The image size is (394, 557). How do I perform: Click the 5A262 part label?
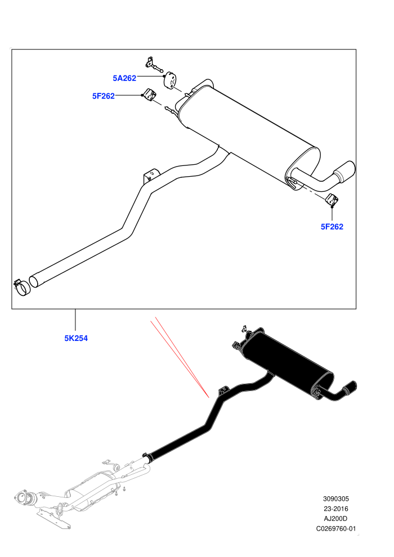pyautogui.click(x=124, y=78)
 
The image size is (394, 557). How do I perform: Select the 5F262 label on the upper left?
pyautogui.click(x=104, y=96)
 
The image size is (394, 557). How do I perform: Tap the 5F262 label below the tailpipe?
pyautogui.click(x=332, y=227)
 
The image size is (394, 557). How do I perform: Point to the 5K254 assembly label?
pyautogui.click(x=76, y=338)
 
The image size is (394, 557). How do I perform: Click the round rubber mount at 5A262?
pyautogui.click(x=171, y=80)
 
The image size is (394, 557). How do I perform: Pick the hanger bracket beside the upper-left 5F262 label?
pyautogui.click(x=150, y=95)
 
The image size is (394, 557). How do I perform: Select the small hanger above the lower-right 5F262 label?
pyautogui.click(x=333, y=200)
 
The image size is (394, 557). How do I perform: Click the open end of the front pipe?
pyautogui.click(x=34, y=281)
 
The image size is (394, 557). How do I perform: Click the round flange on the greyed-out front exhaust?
pyautogui.click(x=24, y=497)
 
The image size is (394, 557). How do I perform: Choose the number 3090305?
pyautogui.click(x=335, y=498)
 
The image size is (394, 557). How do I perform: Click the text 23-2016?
pyautogui.click(x=335, y=509)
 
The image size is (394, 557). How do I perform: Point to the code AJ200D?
pyautogui.click(x=335, y=519)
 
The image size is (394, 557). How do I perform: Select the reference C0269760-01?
pyautogui.click(x=335, y=528)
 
